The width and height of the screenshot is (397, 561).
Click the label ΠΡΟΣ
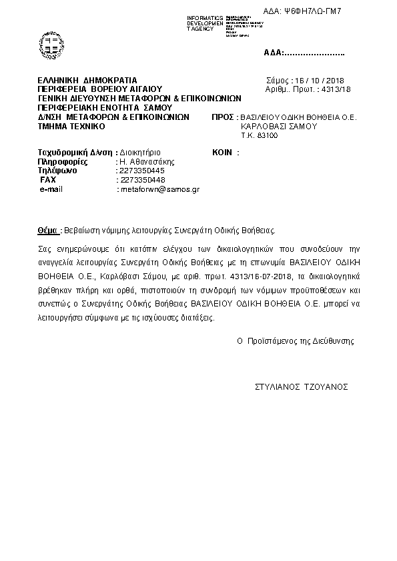(221, 117)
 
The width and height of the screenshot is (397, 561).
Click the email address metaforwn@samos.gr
(159, 190)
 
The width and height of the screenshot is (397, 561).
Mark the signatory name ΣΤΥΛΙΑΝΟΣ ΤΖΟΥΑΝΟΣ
(302, 386)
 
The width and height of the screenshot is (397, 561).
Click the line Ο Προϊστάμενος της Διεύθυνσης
(296, 340)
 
